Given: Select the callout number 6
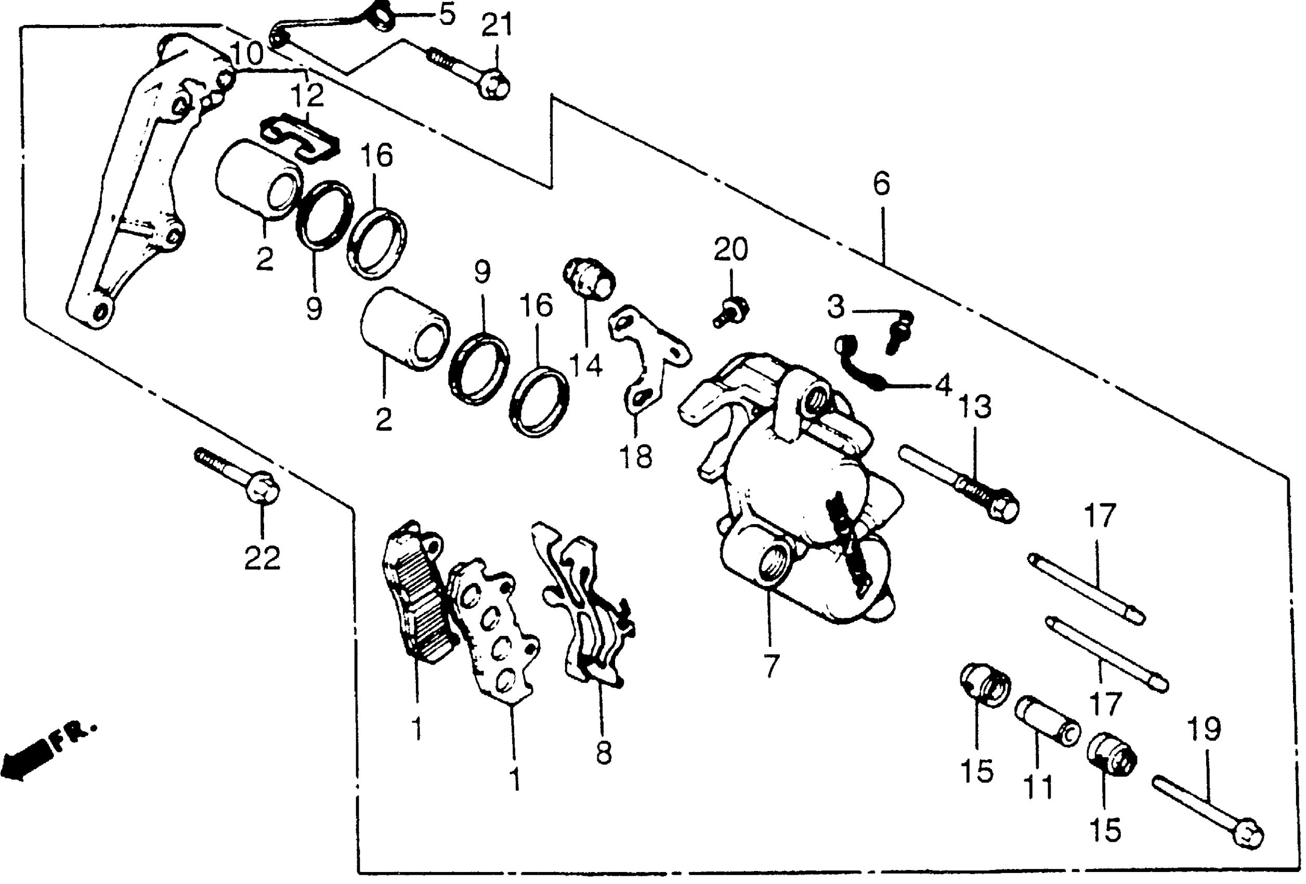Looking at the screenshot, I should point(882,184).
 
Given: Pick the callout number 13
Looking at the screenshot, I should point(974,406).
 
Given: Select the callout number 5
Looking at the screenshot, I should point(447,15).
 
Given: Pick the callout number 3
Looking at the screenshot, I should point(835,307).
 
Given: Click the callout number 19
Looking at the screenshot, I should point(1203,730).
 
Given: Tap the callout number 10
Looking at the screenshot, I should point(246,55).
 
